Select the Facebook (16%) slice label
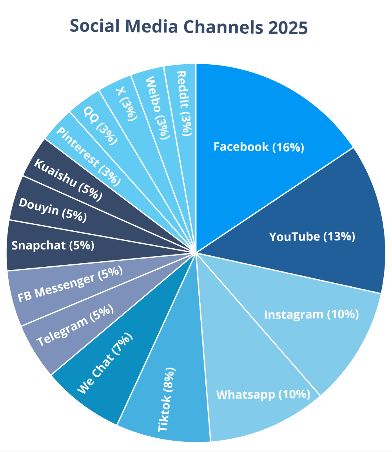point(259,147)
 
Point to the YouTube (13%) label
point(312,237)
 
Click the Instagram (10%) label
point(311,315)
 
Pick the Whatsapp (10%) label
point(263,394)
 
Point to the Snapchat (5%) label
point(53,246)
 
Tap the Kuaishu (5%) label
point(68,179)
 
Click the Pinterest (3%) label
point(88,155)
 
